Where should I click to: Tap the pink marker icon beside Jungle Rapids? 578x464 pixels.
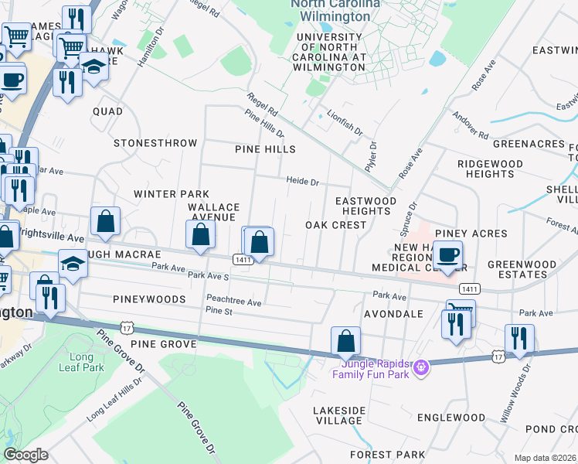coord(420,365)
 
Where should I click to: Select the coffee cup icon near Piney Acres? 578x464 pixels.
coord(447,254)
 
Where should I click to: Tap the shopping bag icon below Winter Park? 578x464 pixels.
coord(105,221)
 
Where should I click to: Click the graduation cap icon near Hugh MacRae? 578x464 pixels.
coord(73,264)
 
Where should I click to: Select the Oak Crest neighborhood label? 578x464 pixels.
coord(335,225)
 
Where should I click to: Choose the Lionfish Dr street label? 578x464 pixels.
coord(344,122)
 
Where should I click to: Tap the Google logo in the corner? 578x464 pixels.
coord(26,455)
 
